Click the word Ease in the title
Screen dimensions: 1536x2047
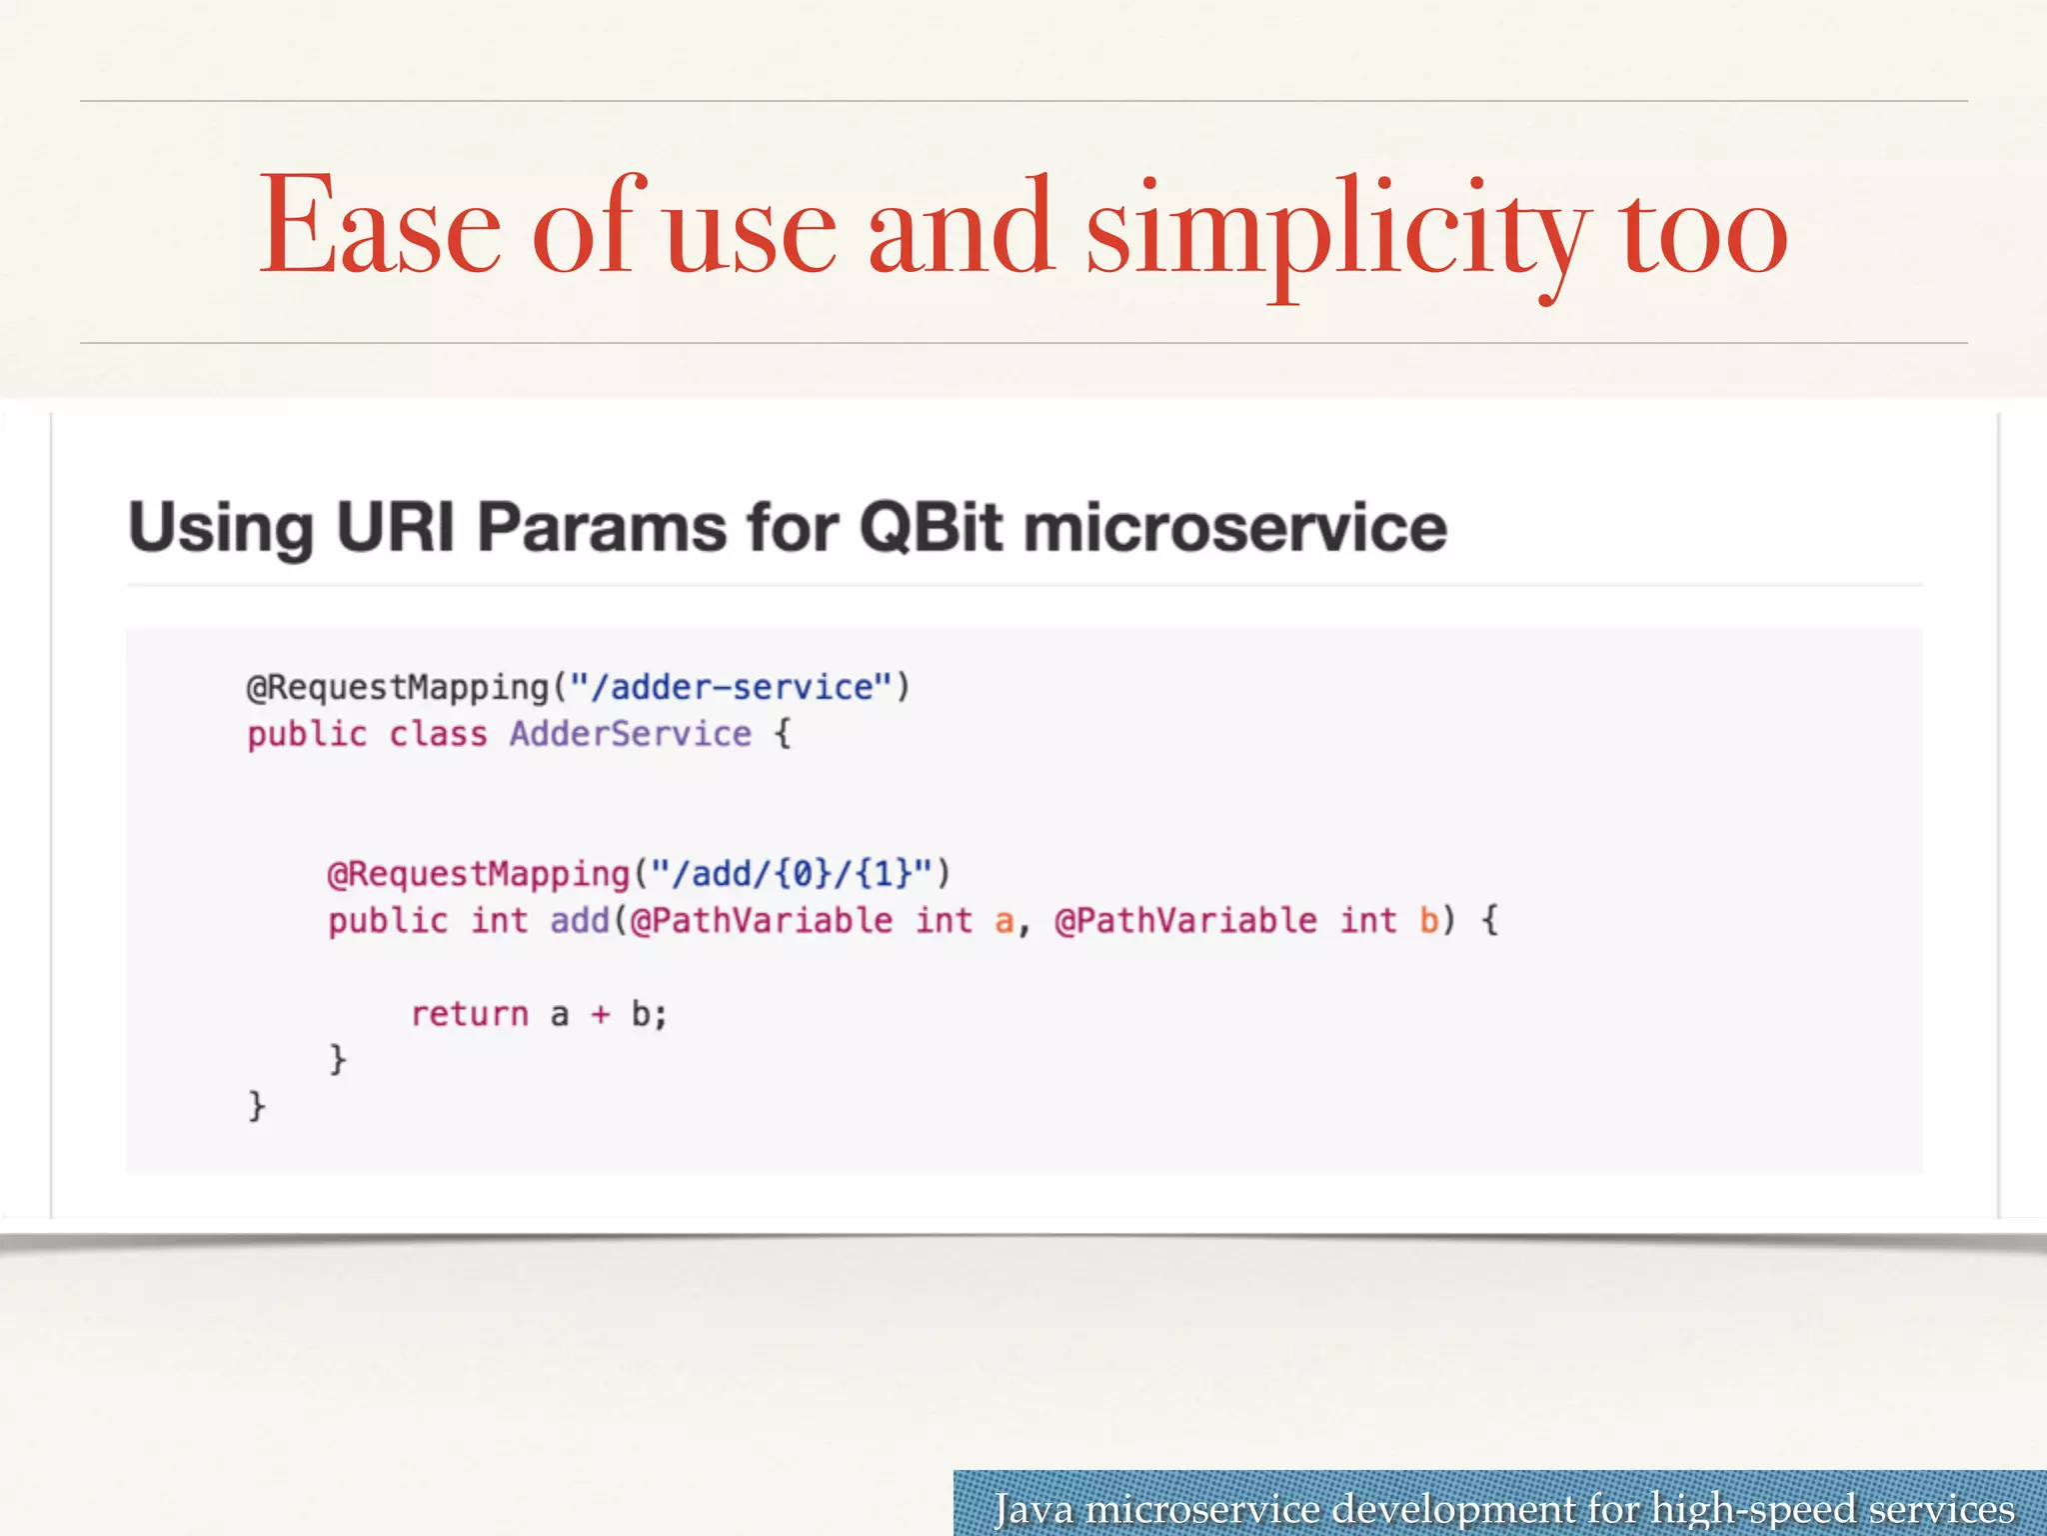[380, 228]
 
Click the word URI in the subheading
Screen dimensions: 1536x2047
[395, 527]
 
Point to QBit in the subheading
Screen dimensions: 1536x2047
[930, 527]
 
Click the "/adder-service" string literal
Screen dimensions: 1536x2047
[731, 688]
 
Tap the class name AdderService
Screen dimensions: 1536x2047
[630, 734]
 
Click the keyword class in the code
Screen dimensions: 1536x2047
[438, 734]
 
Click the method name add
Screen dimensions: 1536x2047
[580, 920]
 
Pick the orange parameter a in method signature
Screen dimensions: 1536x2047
[1004, 921]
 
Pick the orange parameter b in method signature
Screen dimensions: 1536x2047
[1428, 920]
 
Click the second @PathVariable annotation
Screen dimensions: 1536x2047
[1185, 920]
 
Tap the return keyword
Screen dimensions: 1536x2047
[470, 1014]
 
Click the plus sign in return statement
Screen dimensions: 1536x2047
[600, 1015]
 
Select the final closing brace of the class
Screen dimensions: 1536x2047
[257, 1105]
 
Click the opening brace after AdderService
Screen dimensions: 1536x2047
[783, 734]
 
